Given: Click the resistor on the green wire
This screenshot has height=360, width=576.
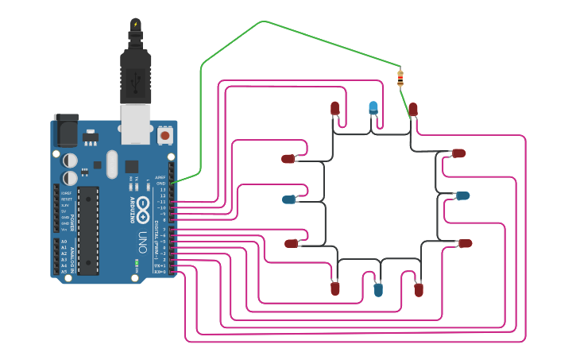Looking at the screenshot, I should click(400, 78).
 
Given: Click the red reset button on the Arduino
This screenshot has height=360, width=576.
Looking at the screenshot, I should click(165, 135).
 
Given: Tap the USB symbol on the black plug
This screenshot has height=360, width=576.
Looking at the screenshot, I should click(136, 79).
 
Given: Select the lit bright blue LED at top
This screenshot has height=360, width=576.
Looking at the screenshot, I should click(373, 107).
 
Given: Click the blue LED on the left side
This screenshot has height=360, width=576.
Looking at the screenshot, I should click(289, 199).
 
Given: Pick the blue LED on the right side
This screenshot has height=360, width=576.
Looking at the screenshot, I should click(462, 195).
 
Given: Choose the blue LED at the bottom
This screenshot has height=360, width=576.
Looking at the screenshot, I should click(378, 289).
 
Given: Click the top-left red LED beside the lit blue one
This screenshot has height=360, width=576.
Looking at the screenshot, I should click(334, 107).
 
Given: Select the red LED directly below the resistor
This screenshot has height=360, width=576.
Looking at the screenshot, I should click(413, 109).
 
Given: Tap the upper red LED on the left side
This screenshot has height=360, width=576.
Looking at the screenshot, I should click(288, 159).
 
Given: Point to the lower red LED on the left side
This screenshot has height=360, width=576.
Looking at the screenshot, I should click(292, 244).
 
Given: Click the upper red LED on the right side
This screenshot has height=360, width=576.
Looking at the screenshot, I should click(458, 153).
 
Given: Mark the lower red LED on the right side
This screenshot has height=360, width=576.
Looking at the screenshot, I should click(465, 243).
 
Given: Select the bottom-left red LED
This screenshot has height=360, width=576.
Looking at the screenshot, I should click(335, 288).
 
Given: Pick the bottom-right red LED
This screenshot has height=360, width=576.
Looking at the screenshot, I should click(419, 289).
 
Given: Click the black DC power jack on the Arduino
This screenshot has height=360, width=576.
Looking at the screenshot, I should click(66, 130).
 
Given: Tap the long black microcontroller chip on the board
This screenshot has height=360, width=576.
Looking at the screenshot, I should click(88, 230).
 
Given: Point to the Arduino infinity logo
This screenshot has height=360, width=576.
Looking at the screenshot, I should click(144, 209).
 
